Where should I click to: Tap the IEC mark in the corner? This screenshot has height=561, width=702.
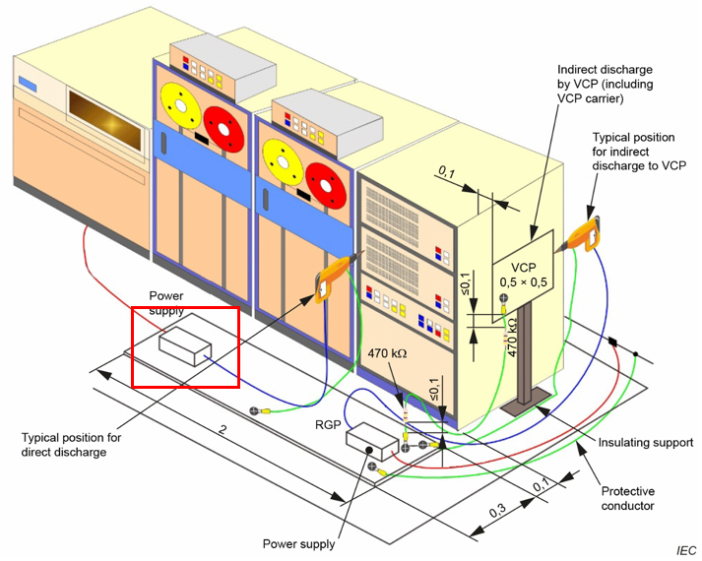685,549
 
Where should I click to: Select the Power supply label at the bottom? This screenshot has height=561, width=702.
298,543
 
